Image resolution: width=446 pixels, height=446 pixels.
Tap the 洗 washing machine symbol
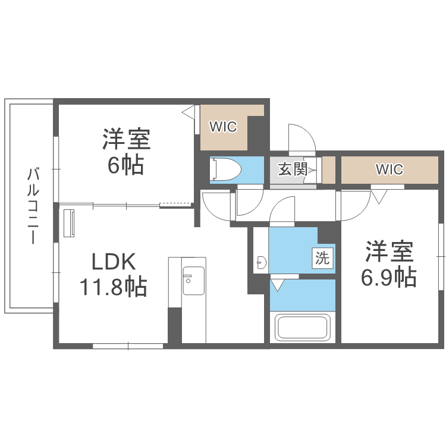[x=322, y=258]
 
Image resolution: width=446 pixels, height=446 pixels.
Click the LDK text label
[x=114, y=261]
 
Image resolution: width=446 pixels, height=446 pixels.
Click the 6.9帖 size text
[x=390, y=277]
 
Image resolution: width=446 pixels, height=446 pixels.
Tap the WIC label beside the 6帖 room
[x=223, y=127]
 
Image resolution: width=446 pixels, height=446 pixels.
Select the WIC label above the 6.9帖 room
[x=389, y=169]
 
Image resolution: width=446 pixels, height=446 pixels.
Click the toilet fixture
[x=227, y=170]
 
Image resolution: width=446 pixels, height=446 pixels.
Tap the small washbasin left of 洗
[x=260, y=260]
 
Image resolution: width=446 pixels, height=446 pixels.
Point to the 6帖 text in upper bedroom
[x=125, y=165]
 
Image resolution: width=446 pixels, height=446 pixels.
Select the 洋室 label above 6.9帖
[x=390, y=252]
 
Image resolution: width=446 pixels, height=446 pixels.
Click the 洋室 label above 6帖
[x=125, y=140]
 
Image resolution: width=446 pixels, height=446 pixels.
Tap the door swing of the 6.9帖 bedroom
[x=355, y=205]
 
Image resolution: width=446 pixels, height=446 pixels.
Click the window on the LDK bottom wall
[x=128, y=345]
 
